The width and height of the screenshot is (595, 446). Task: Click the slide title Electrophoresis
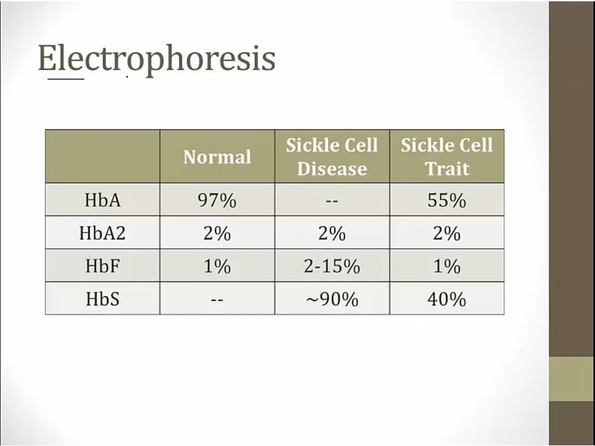pos(157,59)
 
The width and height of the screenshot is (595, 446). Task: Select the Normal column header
pos(217,157)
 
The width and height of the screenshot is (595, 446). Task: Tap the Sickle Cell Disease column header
pos(332,157)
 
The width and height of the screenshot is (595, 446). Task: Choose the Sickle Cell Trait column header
pos(447,157)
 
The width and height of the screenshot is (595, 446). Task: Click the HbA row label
pos(102,200)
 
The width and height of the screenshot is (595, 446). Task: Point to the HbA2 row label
pos(102,233)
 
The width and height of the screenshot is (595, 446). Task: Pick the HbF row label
pos(102,266)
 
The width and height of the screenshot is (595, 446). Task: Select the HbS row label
pos(102,299)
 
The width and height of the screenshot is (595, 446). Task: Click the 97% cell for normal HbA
pos(217,200)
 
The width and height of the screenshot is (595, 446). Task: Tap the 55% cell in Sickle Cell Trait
pos(447,200)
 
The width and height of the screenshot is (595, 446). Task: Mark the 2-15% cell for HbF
pos(332,266)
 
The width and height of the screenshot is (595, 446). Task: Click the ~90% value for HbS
pos(332,299)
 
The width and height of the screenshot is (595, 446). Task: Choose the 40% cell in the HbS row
pos(447,299)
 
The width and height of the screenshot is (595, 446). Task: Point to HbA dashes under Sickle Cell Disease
pos(332,201)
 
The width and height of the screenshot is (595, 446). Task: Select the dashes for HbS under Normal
pos(217,300)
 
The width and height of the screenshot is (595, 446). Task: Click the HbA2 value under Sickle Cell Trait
pos(447,233)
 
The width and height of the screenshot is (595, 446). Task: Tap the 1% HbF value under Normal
pos(217,266)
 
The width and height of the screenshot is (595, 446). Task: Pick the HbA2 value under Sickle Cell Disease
pos(332,233)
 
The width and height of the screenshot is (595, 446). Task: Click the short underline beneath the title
pos(65,79)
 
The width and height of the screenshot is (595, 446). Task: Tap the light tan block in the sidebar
pos(572,379)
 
